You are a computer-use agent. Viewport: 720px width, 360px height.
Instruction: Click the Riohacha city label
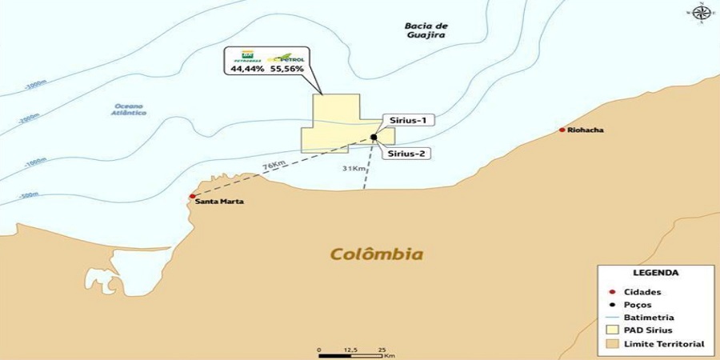coord(586,130)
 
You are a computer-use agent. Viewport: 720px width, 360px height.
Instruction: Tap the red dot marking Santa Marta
coord(191,196)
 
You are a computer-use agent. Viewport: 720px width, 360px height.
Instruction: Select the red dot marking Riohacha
coord(562,130)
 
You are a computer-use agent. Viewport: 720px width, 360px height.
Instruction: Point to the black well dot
coord(374,137)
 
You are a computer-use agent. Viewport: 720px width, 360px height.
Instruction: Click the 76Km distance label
coord(274,166)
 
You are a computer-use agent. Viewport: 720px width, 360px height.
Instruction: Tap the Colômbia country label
coord(376,254)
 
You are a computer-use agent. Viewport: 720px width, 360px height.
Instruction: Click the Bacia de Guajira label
coord(425,30)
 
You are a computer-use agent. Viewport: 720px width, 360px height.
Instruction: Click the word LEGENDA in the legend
coord(655,272)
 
